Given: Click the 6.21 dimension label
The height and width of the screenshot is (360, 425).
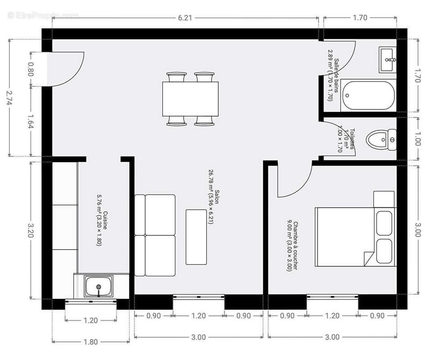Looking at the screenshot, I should [x=185, y=18].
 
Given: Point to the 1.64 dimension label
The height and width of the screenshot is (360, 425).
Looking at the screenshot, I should [x=31, y=121].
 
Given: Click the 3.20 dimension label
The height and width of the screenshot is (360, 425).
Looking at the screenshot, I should [x=31, y=229].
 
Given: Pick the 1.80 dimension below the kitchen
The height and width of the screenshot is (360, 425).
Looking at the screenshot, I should [x=90, y=342].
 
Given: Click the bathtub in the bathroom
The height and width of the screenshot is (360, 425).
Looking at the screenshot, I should [x=368, y=95].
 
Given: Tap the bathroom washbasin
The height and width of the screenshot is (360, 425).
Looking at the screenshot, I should [x=388, y=59].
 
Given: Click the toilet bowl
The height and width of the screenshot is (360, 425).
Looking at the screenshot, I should [x=380, y=139].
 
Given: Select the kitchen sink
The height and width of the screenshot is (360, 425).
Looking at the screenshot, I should [x=99, y=286].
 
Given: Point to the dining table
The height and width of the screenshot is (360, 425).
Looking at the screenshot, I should [x=190, y=99].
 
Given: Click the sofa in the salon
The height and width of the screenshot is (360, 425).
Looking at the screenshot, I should [x=155, y=235].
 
